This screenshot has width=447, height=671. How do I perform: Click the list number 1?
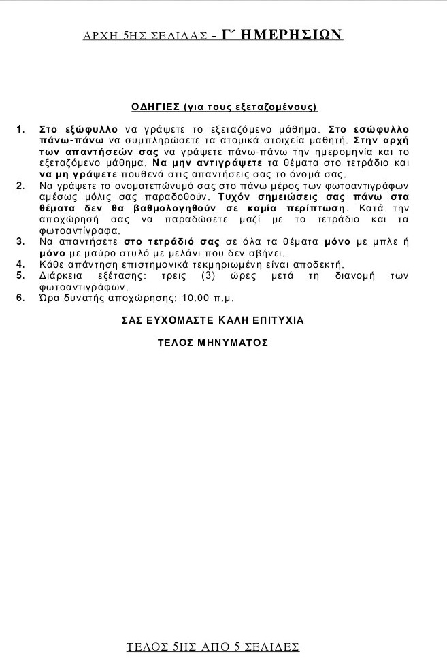click(20, 129)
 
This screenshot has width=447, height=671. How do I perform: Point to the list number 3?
click(20, 241)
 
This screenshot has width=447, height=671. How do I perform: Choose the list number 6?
click(20, 298)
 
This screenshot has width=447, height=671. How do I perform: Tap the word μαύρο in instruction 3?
click(88, 253)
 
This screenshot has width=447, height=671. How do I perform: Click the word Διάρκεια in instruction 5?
click(64, 275)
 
